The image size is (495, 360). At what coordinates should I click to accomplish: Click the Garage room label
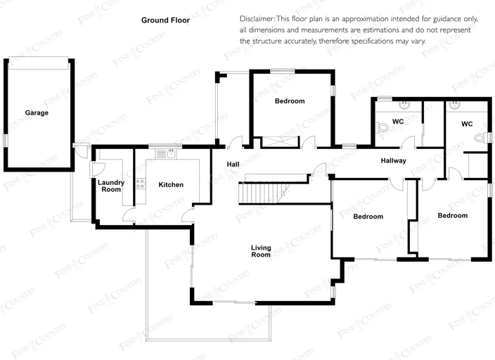tap(37, 112)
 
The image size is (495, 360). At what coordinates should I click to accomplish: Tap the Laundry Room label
tap(111, 186)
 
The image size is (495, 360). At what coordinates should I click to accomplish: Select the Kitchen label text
tap(171, 185)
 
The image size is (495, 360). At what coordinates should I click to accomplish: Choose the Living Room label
tap(261, 250)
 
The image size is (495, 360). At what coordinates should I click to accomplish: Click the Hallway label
tap(393, 161)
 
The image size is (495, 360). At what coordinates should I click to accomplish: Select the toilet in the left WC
tap(382, 128)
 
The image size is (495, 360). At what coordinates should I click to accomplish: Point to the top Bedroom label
tap(290, 101)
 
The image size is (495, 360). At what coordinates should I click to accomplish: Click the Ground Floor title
tap(165, 20)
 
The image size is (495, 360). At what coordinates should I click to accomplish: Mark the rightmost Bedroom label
tap(452, 215)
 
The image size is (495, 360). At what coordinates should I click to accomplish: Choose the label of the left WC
tap(398, 122)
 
